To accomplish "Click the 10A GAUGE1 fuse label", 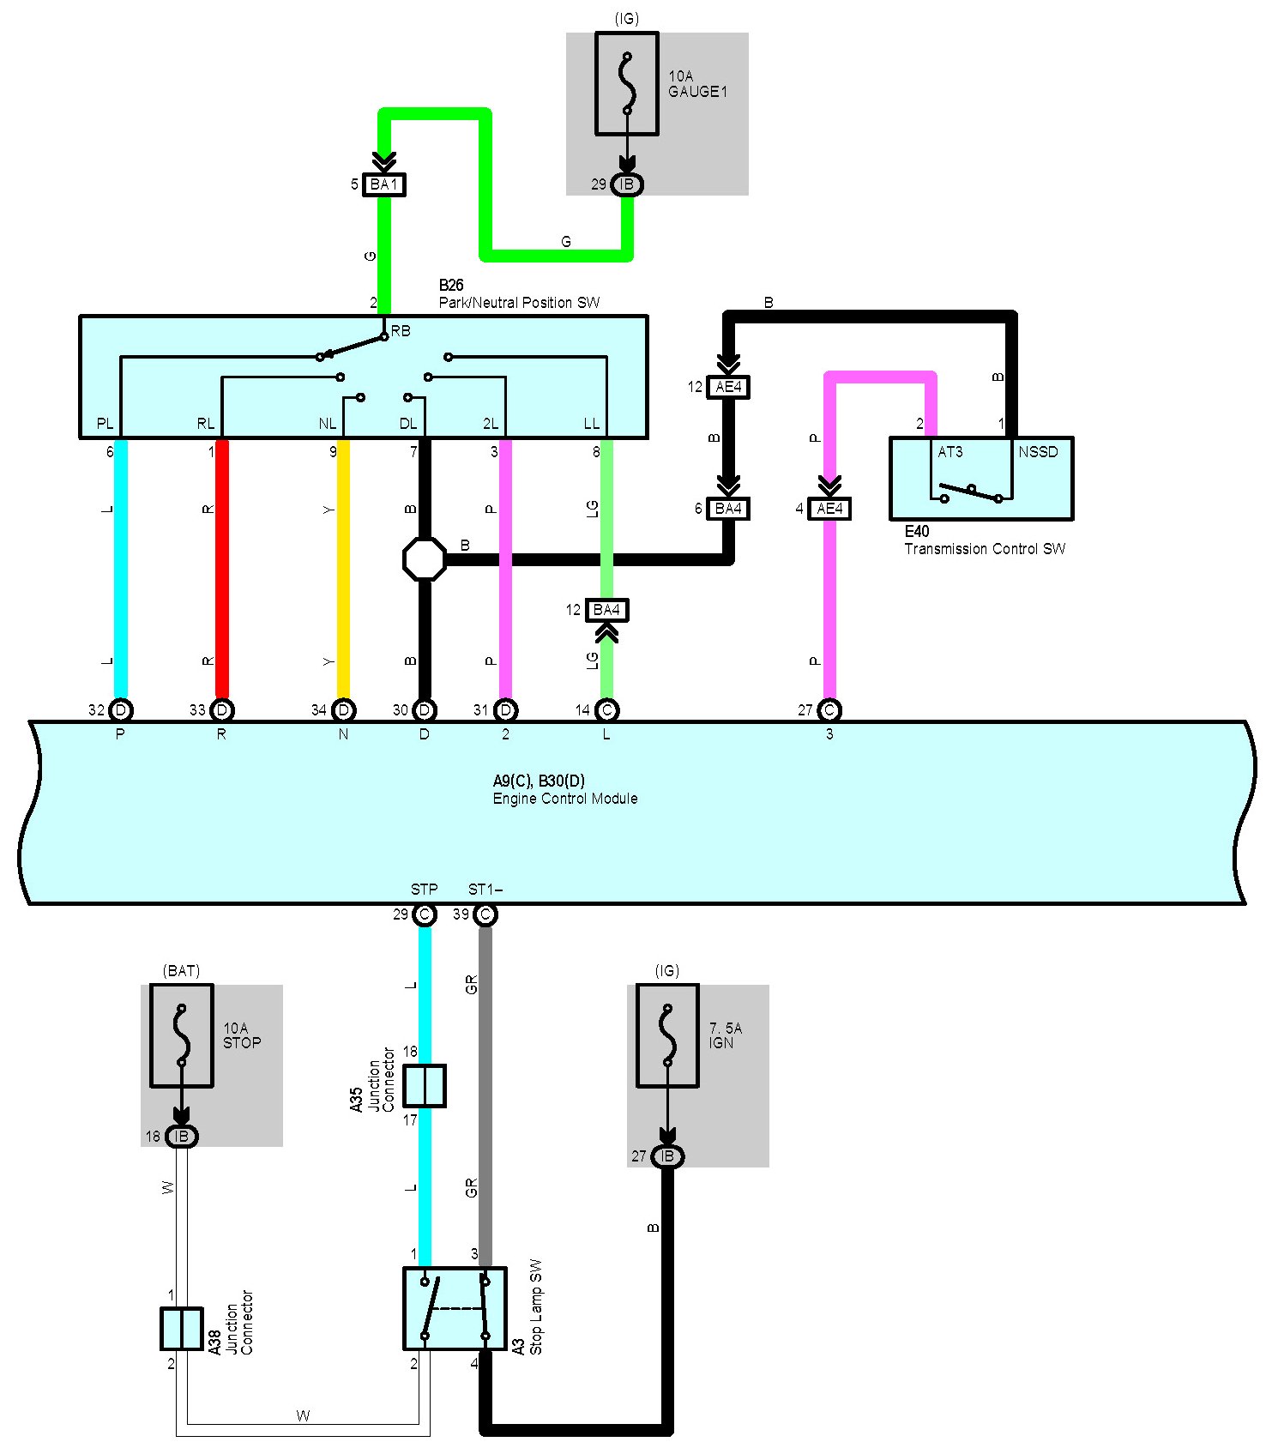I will [x=697, y=84].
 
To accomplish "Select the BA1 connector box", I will [x=383, y=184].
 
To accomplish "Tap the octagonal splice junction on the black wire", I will [x=425, y=559].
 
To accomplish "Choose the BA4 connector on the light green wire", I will [x=606, y=610].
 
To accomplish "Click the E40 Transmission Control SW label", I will [x=984, y=540].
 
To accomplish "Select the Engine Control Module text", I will [x=565, y=799].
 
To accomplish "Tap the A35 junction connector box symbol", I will [x=425, y=1085].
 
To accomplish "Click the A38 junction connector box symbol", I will [x=181, y=1328].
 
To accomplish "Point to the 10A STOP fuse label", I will [x=242, y=1035].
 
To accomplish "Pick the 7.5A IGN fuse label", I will [x=725, y=1035].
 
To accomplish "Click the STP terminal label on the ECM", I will [x=424, y=889].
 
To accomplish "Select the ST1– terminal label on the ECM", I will [x=485, y=889].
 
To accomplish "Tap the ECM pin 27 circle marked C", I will [x=829, y=710].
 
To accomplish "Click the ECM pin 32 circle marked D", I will [x=121, y=710].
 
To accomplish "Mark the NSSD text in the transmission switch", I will [x=1038, y=452].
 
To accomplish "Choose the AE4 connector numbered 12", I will [x=728, y=387].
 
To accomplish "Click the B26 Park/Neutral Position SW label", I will [x=519, y=294].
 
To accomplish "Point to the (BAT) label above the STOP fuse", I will [x=181, y=970].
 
